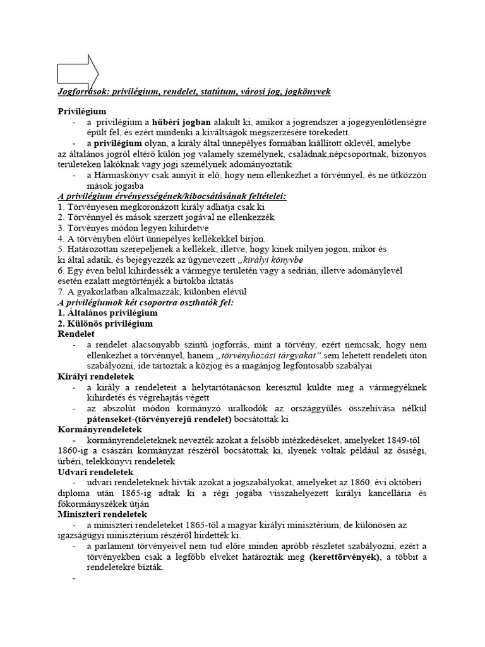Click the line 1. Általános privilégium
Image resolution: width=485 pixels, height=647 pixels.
pyautogui.click(x=107, y=313)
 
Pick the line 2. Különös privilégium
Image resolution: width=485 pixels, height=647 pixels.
pyautogui.click(x=105, y=323)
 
